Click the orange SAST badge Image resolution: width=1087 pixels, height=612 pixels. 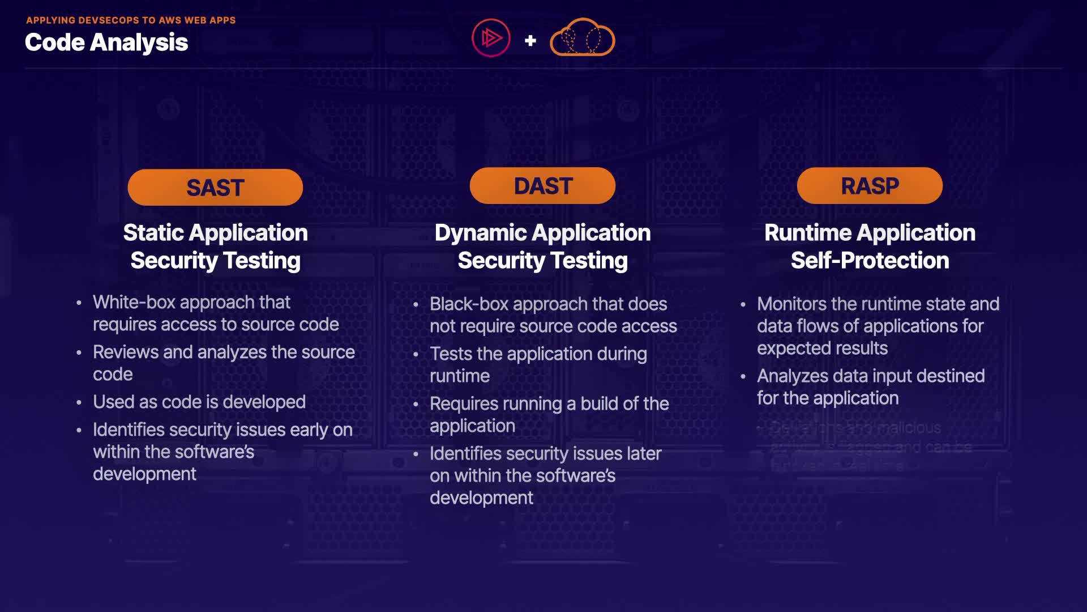click(215, 188)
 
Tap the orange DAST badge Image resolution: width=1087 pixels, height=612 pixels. click(542, 186)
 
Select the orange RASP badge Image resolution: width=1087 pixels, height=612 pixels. click(870, 186)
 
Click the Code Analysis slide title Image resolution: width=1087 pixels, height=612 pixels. click(106, 42)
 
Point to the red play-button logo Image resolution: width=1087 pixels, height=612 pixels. click(491, 38)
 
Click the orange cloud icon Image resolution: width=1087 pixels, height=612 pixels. click(582, 38)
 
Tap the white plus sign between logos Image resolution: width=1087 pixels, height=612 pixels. click(530, 40)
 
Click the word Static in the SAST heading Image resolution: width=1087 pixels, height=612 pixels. click(153, 233)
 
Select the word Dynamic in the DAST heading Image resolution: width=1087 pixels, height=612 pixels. click(481, 233)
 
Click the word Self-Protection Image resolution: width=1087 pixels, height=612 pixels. click(870, 261)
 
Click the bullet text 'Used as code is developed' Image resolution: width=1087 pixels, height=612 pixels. click(199, 402)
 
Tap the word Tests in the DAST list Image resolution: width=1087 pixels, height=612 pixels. click(451, 354)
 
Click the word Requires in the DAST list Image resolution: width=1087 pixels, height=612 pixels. click(464, 404)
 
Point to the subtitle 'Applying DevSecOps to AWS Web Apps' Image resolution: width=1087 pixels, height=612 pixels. click(131, 20)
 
